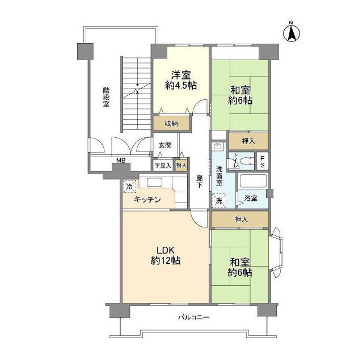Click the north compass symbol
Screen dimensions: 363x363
tap(291, 32)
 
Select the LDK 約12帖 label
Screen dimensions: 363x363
tap(165, 256)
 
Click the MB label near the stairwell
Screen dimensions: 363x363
tap(120, 161)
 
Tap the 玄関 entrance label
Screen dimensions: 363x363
tap(164, 145)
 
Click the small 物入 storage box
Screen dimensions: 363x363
tap(181, 166)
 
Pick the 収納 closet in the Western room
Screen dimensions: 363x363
tap(171, 124)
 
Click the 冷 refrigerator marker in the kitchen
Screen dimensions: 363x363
tap(130, 186)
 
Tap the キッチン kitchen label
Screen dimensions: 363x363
tap(147, 200)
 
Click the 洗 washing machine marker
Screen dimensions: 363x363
tap(219, 200)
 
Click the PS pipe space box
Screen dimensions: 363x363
tap(262, 161)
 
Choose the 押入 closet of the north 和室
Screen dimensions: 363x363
tap(248, 140)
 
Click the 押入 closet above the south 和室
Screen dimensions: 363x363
tap(240, 219)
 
